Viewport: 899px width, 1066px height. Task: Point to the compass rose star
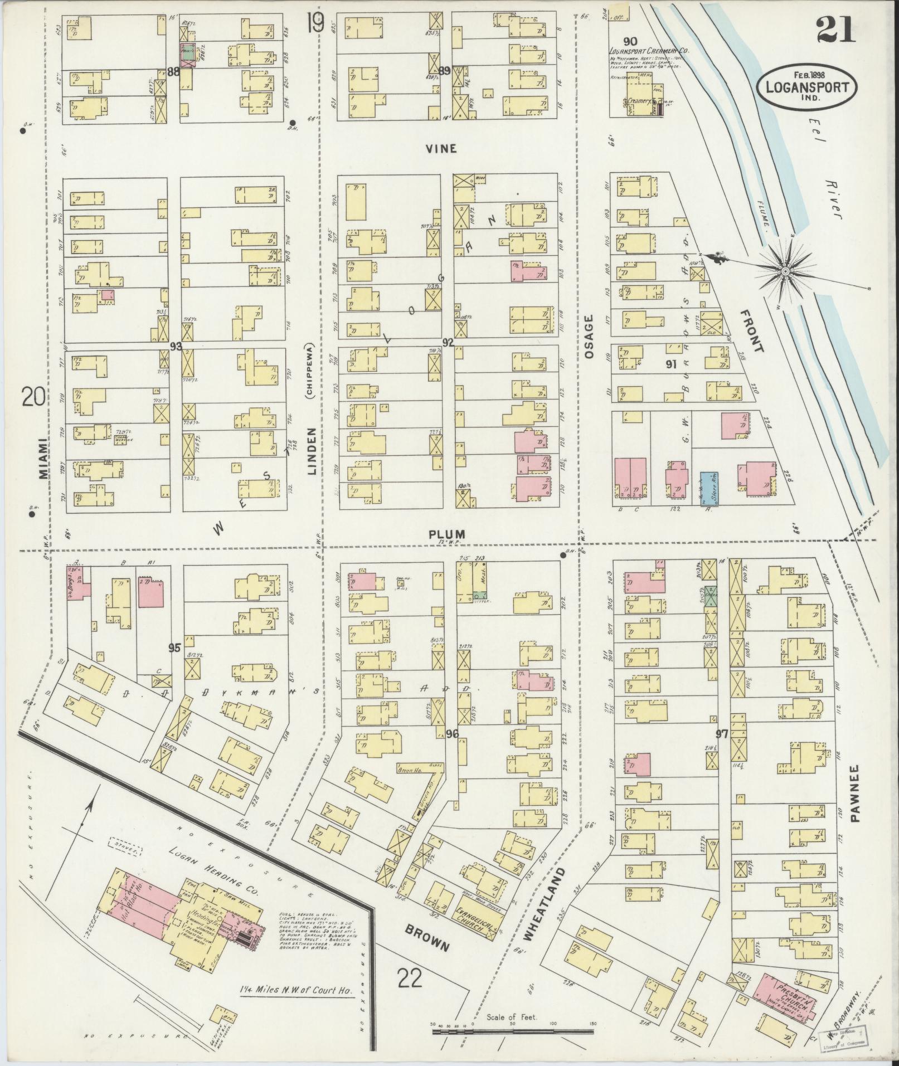785,271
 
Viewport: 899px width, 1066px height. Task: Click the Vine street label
441,148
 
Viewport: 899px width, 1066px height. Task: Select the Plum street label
446,534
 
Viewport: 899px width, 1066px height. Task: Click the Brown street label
427,939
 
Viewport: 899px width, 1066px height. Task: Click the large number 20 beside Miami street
34,397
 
